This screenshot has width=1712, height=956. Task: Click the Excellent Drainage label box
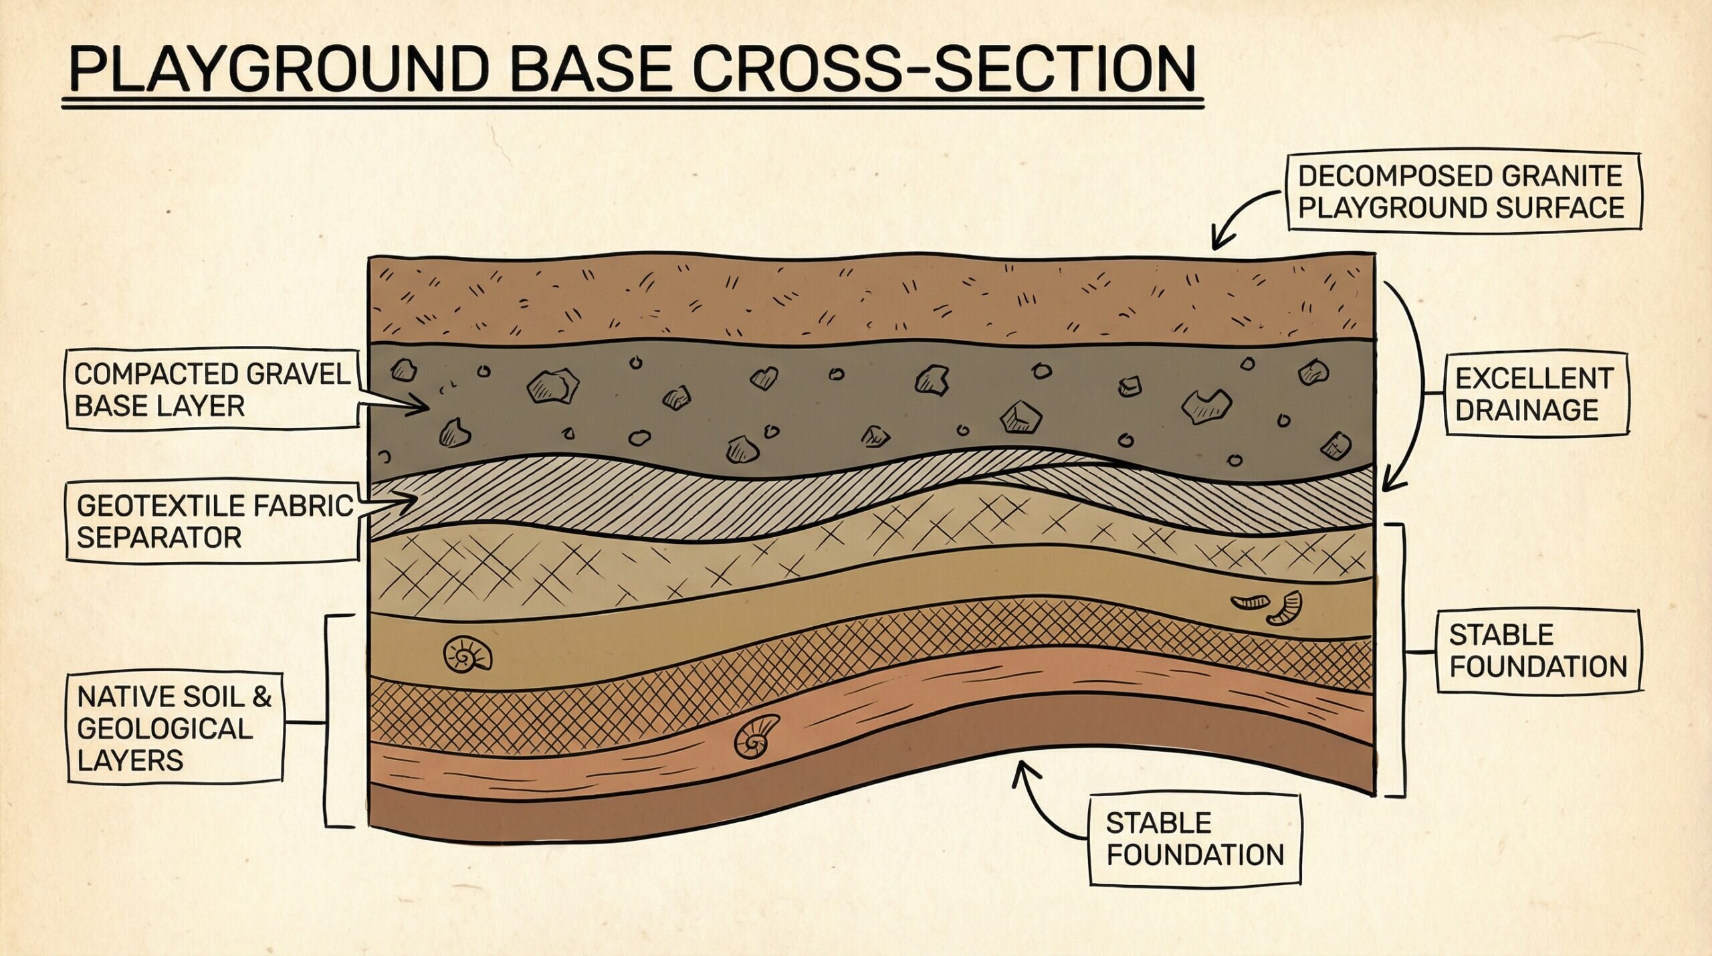[x=1536, y=395]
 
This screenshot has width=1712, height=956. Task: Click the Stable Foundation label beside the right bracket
[x=1538, y=651]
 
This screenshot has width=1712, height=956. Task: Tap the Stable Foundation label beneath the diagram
[x=1195, y=840]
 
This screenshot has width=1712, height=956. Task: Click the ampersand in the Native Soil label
[x=262, y=697]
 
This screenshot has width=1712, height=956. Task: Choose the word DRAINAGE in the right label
[x=1527, y=410]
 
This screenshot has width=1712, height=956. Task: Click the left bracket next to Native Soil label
[x=329, y=721]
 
